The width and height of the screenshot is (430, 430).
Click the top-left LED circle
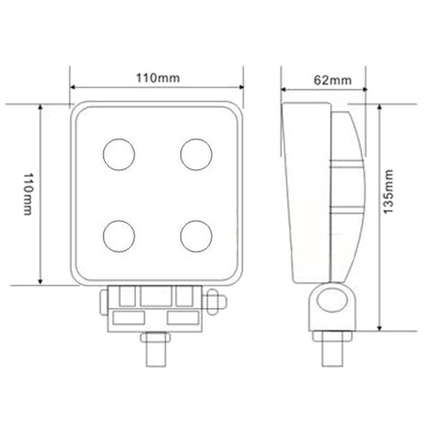tap(118, 153)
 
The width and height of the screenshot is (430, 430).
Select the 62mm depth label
tap(332, 80)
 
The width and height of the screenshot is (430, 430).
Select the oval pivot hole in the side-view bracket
tap(332, 304)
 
